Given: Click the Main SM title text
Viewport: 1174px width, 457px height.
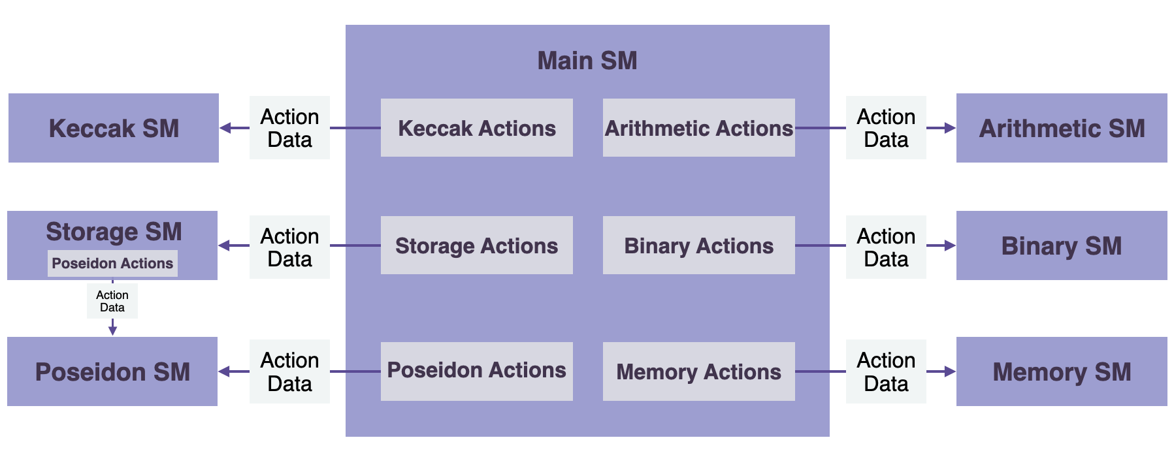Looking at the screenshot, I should pyautogui.click(x=587, y=61).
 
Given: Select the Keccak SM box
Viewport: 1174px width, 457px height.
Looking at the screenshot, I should pyautogui.click(x=113, y=128).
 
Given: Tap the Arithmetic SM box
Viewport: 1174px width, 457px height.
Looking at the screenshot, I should pyautogui.click(x=1061, y=128).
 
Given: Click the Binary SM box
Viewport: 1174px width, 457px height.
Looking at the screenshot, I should pyautogui.click(x=1061, y=245).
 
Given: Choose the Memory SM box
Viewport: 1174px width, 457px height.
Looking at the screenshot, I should pyautogui.click(x=1061, y=371).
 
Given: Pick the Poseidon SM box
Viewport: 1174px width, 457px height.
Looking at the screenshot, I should pyautogui.click(x=112, y=371).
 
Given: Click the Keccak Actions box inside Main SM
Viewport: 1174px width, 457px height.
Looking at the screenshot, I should pyautogui.click(x=476, y=128).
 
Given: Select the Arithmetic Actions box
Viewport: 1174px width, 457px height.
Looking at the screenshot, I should pyautogui.click(x=698, y=128).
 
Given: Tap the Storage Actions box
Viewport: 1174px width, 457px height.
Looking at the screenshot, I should pyautogui.click(x=476, y=245).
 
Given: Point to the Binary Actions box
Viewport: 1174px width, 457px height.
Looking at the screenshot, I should pyautogui.click(x=698, y=245).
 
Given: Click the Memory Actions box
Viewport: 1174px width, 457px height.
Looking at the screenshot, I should pyautogui.click(x=698, y=371).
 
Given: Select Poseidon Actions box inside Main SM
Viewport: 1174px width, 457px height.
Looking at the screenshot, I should pyautogui.click(x=476, y=370).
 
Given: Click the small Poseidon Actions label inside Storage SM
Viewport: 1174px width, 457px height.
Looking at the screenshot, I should pyautogui.click(x=112, y=263).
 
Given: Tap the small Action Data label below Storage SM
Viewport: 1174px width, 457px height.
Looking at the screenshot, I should pyautogui.click(x=112, y=301).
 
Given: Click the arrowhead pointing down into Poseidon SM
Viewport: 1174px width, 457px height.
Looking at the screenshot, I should pyautogui.click(x=112, y=330).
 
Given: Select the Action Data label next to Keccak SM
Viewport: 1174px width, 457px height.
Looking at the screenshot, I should pyautogui.click(x=289, y=128).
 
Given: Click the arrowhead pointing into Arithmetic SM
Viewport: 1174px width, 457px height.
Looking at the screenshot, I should pyautogui.click(x=950, y=128).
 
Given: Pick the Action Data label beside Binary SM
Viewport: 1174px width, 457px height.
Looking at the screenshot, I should pyautogui.click(x=885, y=247).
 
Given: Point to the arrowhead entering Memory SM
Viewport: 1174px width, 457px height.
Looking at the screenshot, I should pyautogui.click(x=950, y=371).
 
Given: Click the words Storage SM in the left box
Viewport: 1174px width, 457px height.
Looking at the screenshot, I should pyautogui.click(x=114, y=232).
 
